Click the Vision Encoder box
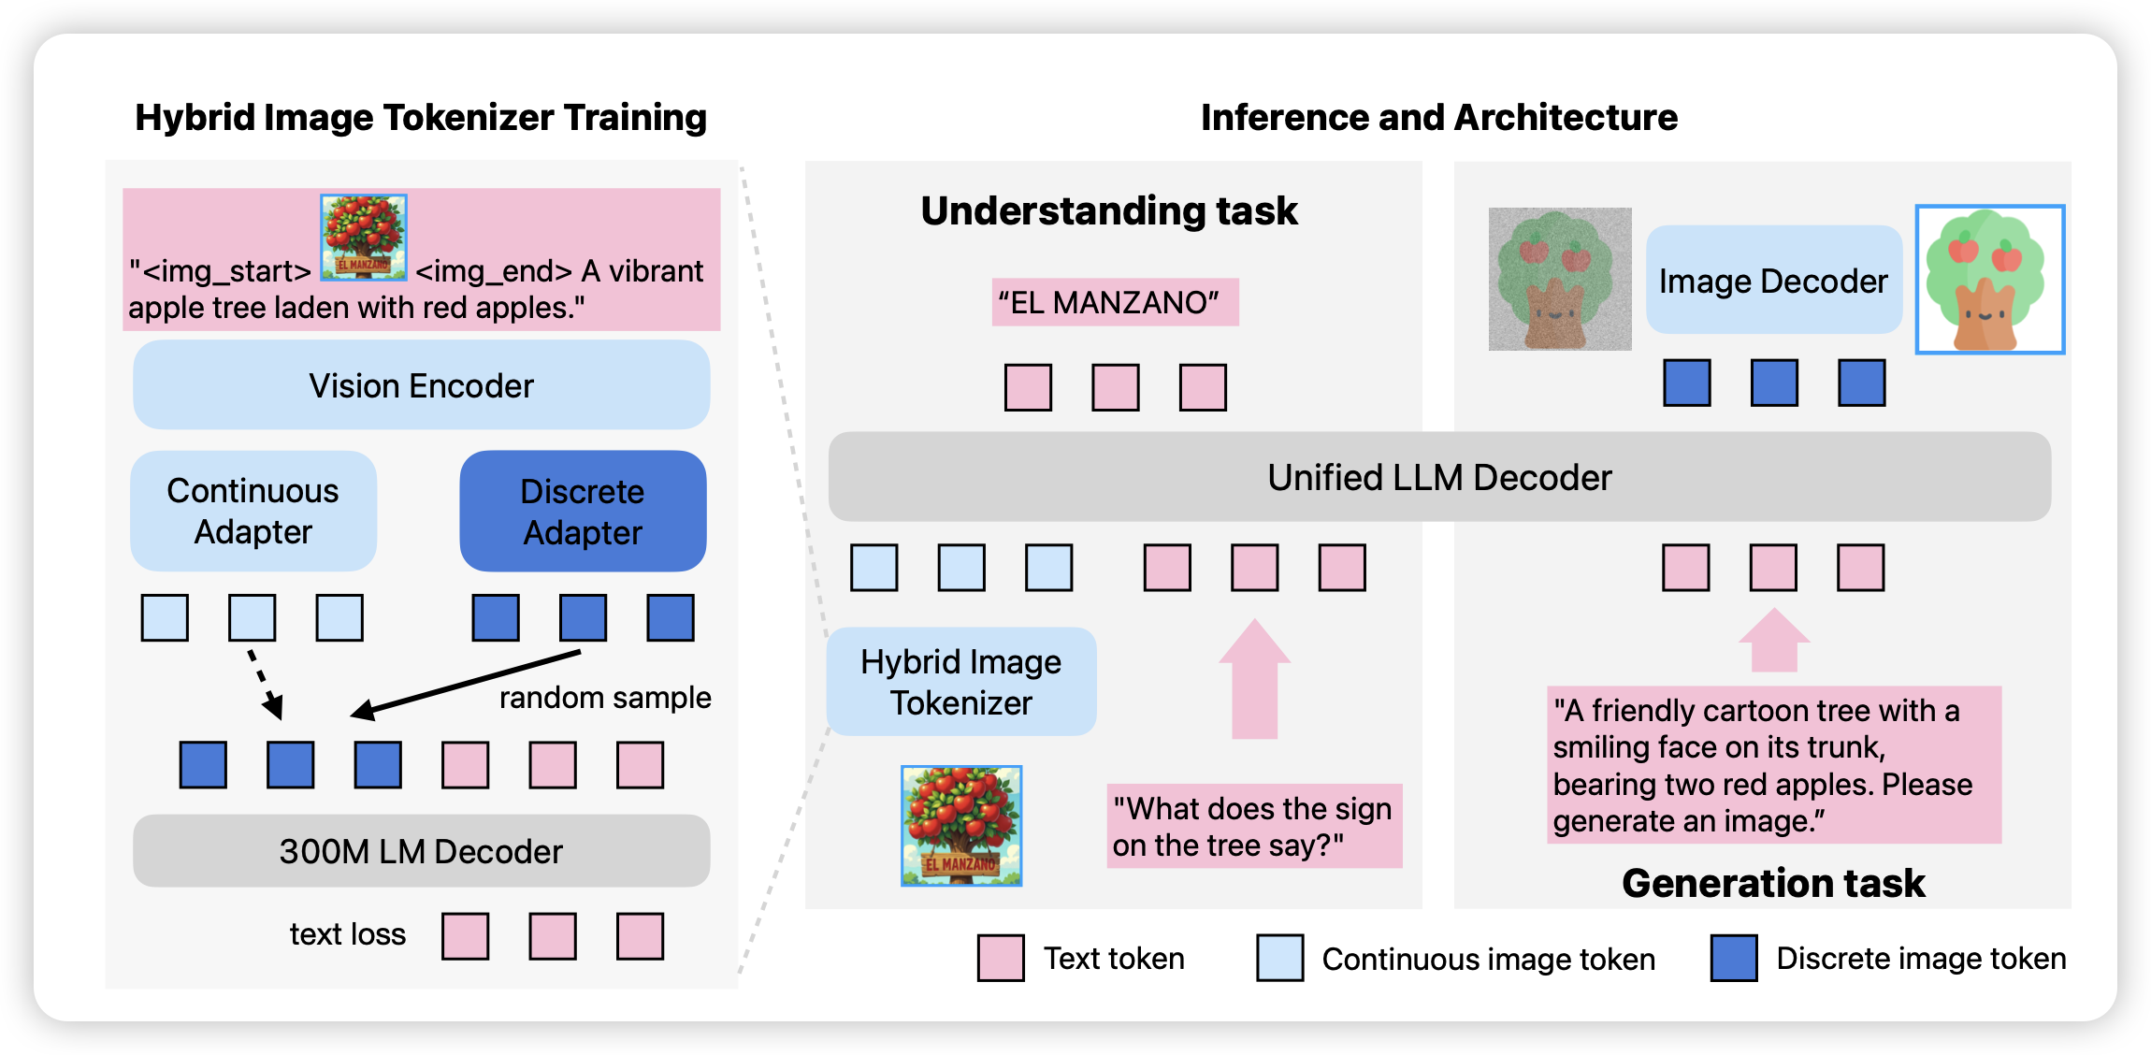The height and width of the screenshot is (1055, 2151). point(421,385)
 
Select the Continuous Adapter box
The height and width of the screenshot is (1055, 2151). point(253,512)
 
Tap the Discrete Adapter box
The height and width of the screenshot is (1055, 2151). point(583,512)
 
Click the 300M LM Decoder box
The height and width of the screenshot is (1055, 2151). point(421,851)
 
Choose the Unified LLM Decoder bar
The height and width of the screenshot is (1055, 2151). point(1439,477)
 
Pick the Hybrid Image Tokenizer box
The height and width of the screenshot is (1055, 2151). point(961,682)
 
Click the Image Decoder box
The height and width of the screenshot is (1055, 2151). point(1773,281)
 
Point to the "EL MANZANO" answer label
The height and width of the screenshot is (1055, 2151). point(1115,302)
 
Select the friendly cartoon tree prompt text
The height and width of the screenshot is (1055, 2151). point(1773,765)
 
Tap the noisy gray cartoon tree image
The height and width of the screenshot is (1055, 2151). point(1560,279)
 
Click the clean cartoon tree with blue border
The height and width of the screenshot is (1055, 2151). point(1989,280)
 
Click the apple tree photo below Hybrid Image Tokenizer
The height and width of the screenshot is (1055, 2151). point(961,826)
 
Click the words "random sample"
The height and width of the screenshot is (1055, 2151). point(605,698)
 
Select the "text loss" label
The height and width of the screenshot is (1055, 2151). point(348,934)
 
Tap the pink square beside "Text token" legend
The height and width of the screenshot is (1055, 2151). point(1000,958)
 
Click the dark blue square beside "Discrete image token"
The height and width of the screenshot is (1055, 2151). point(1733,958)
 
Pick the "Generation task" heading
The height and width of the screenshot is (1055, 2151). point(1773,883)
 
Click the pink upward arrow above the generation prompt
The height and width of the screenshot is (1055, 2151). point(1773,642)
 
